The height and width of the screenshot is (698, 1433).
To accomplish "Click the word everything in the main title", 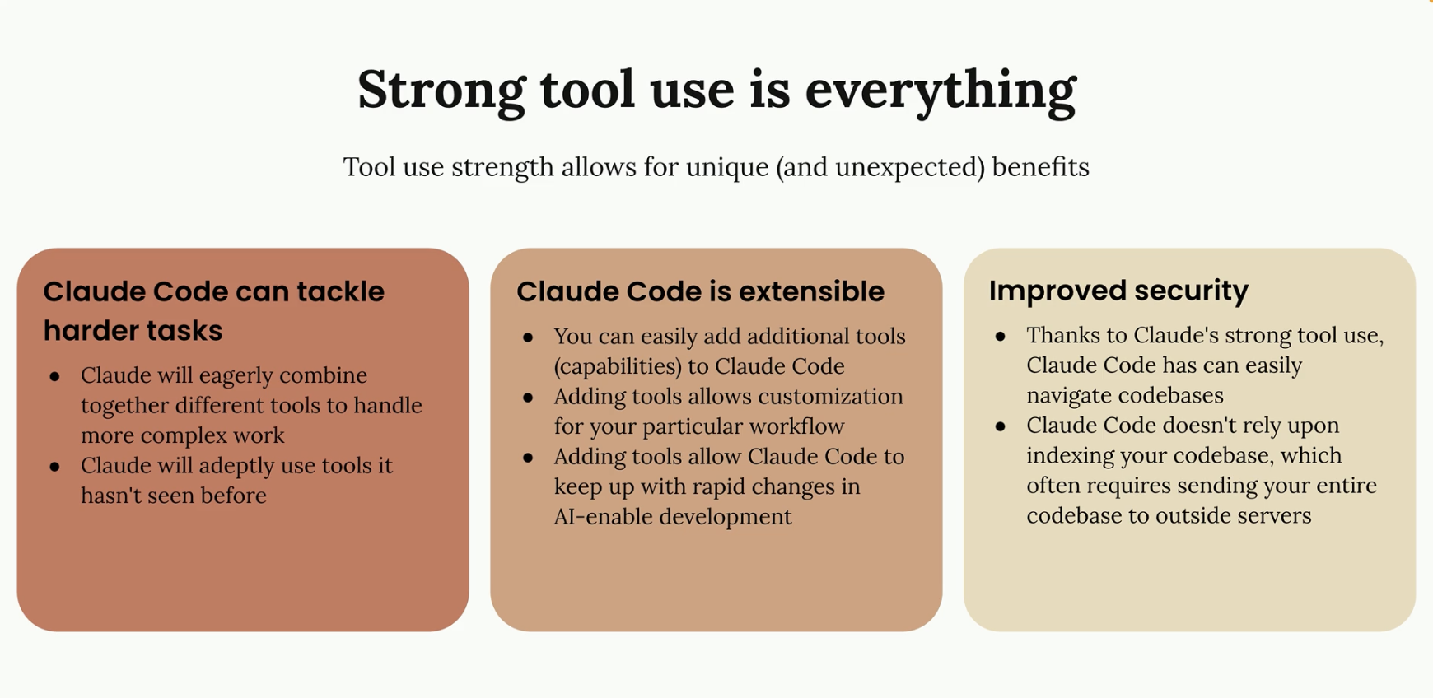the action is pyautogui.click(x=941, y=91).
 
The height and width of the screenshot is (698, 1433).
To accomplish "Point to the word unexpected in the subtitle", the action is pyautogui.click(x=910, y=167).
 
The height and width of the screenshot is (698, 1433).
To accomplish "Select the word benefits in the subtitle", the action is pyautogui.click(x=1041, y=166).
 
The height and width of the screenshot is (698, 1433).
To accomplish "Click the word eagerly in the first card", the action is pyautogui.click(x=224, y=375).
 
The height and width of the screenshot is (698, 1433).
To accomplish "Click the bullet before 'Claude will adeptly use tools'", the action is pyautogui.click(x=55, y=467).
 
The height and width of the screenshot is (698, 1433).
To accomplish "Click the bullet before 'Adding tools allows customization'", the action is pyautogui.click(x=528, y=398).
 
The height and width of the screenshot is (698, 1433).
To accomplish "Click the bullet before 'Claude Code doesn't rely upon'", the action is pyautogui.click(x=1001, y=426).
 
